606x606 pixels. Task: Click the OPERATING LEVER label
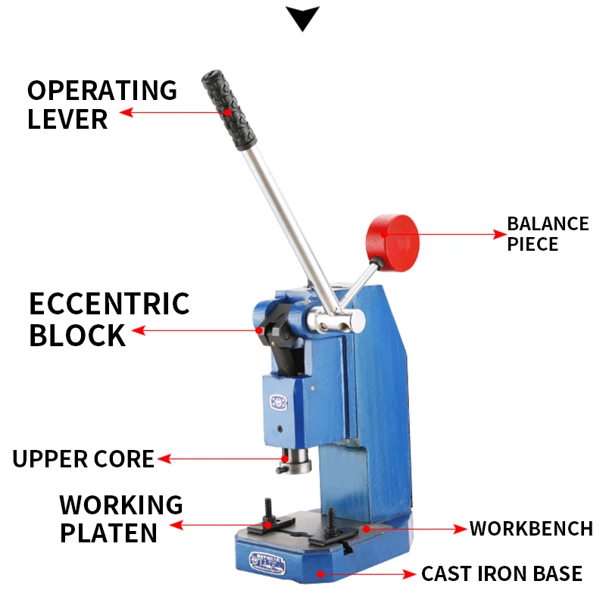click(102, 104)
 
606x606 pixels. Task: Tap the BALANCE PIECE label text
click(547, 234)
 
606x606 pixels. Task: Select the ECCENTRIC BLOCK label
click(109, 319)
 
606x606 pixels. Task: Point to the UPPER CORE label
click(83, 459)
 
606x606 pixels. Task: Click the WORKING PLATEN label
click(121, 518)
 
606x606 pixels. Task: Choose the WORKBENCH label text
click(530, 528)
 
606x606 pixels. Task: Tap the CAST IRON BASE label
click(501, 573)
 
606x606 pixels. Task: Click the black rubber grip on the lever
click(229, 110)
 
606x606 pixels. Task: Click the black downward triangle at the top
click(302, 18)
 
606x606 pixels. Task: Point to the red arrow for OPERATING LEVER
click(174, 112)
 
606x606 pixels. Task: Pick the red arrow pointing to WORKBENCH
click(414, 528)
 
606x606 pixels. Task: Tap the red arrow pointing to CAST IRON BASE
click(367, 573)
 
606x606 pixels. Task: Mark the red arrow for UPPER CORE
click(220, 459)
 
